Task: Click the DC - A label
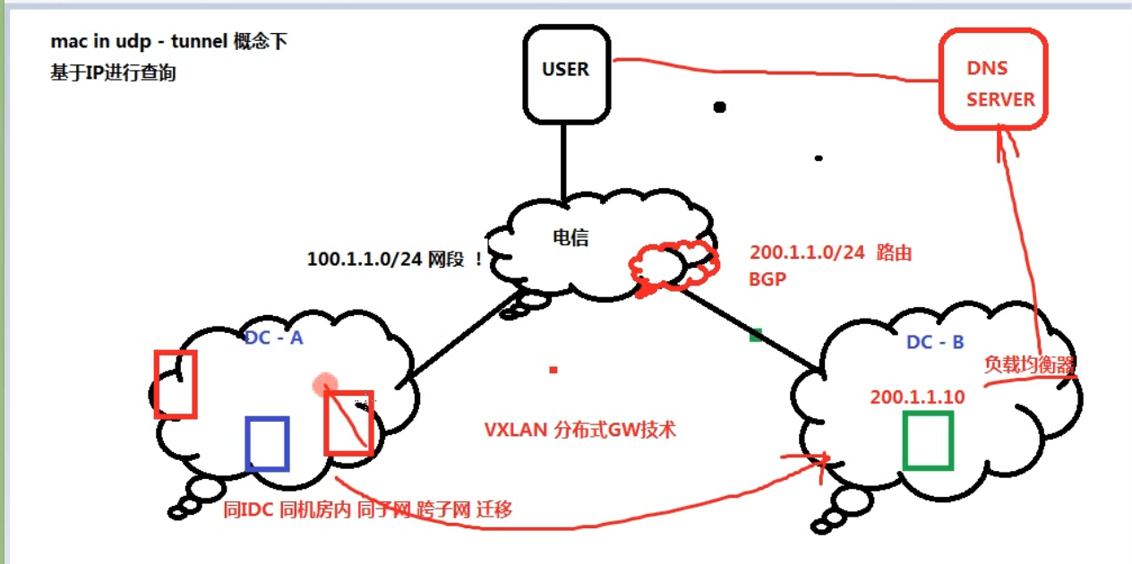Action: (x=273, y=337)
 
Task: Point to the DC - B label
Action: (x=935, y=342)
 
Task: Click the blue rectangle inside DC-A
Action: (x=267, y=443)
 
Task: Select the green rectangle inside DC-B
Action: (x=927, y=440)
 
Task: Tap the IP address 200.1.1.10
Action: (x=917, y=397)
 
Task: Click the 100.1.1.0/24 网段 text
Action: (x=395, y=259)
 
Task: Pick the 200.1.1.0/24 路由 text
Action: (x=830, y=252)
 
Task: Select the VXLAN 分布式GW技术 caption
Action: (x=579, y=430)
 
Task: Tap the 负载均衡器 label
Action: (x=1029, y=364)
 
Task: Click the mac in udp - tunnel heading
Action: (x=169, y=41)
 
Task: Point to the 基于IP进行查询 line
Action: (x=113, y=73)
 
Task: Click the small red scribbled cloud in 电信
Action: (x=673, y=265)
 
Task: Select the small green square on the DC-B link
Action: (x=756, y=335)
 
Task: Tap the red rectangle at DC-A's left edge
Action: (x=175, y=384)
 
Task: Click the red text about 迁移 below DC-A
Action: (x=368, y=510)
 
